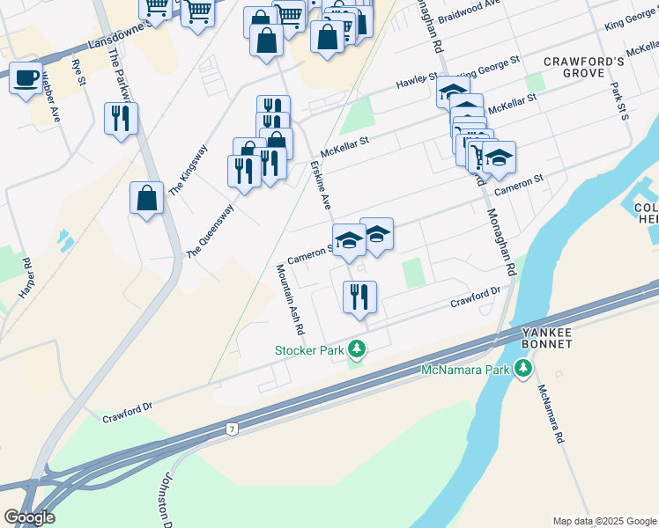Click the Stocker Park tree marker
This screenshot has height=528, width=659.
[x=356, y=349]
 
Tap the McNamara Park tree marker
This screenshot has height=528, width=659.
[x=524, y=369]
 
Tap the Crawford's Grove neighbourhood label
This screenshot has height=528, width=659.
[x=583, y=68]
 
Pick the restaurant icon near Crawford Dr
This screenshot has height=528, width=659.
[x=359, y=297]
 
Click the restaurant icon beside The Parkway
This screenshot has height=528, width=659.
[x=121, y=119]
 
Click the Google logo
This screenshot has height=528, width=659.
[x=29, y=517]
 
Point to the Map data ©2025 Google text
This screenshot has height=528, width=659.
[x=603, y=520]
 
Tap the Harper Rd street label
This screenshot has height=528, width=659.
[x=26, y=276]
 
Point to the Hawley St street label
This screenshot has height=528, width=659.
[x=417, y=81]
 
